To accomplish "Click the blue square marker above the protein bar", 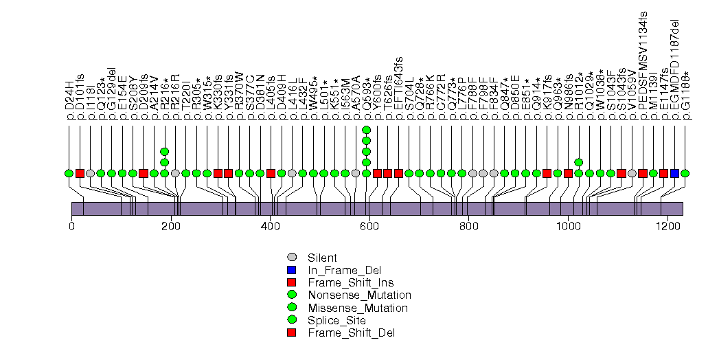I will click(x=674, y=173).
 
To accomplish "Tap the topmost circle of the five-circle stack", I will click(x=366, y=130).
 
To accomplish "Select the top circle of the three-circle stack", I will click(x=164, y=151).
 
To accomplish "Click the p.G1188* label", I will click(x=685, y=95).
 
